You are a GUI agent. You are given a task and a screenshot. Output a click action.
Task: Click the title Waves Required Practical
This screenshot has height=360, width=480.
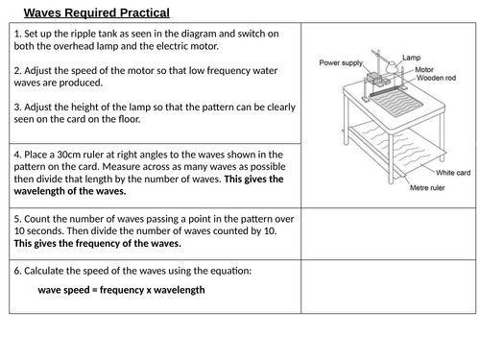(x=96, y=12)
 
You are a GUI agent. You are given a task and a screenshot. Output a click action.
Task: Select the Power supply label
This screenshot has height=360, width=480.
(x=341, y=62)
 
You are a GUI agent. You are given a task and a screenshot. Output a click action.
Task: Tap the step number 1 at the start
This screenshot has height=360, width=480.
(x=17, y=34)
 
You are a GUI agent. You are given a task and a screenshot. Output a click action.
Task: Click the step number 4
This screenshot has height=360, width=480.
(x=17, y=154)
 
